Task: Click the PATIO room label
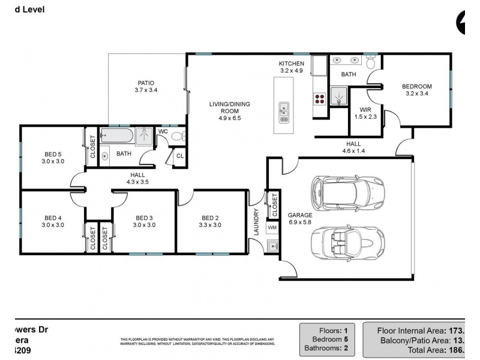pos(145,83)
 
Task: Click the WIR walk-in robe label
pos(365,110)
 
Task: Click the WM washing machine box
pos(272,228)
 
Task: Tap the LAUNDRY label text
pos(256,221)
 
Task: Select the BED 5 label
pos(53,154)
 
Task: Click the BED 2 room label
pos(210,218)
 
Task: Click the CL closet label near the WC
pos(179,156)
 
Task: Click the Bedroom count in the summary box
pos(329,340)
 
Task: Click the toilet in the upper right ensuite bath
pos(370,61)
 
